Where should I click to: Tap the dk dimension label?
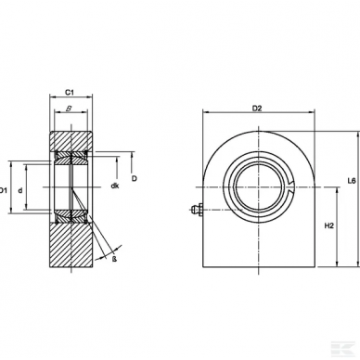pos(114,186)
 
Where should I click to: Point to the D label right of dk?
pos(135,177)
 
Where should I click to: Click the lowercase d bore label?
pos(33,191)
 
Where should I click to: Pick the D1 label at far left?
pos(5,190)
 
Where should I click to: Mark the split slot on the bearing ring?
pos(291,190)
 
